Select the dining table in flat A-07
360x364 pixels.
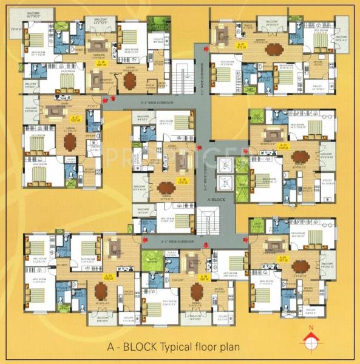tap(70, 141)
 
